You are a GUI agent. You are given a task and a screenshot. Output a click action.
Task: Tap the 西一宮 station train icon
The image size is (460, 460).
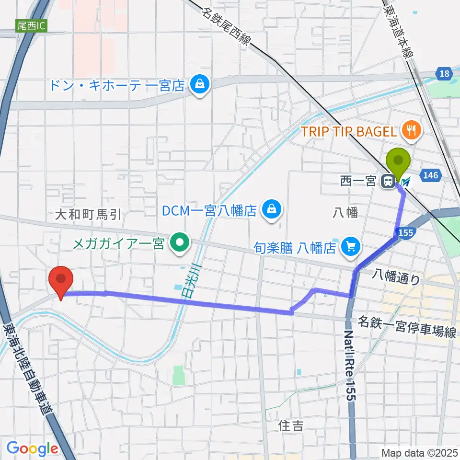point(388,182)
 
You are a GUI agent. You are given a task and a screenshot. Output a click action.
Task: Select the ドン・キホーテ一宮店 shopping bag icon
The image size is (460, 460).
point(197,85)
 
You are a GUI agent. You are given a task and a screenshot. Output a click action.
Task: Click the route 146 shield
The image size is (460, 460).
point(430,176)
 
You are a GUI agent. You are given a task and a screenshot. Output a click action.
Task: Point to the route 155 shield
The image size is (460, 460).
point(405,232)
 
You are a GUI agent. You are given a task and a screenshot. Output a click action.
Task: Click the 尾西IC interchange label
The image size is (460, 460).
point(31,26)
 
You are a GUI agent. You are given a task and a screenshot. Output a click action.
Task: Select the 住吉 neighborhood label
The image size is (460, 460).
point(291,425)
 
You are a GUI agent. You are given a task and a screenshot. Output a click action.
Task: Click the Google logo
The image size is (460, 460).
point(32,449)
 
